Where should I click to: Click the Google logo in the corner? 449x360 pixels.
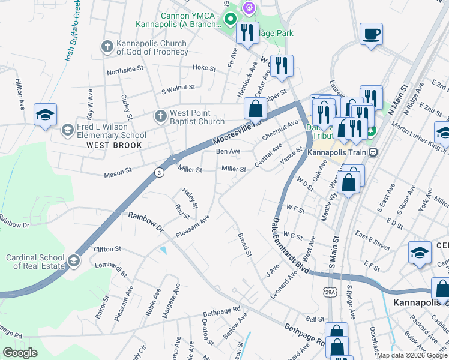point(20,353)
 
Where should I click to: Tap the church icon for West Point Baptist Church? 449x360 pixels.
point(160,115)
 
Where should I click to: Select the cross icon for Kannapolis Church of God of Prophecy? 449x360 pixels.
point(107,46)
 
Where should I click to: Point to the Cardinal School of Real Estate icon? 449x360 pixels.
point(73,260)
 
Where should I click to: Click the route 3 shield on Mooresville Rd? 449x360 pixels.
point(158,172)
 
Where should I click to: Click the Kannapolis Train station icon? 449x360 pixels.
point(373,152)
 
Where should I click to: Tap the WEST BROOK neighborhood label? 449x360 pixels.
point(114,145)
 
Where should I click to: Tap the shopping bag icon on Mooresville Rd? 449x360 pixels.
point(255,109)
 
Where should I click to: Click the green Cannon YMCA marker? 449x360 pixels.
point(229,20)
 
